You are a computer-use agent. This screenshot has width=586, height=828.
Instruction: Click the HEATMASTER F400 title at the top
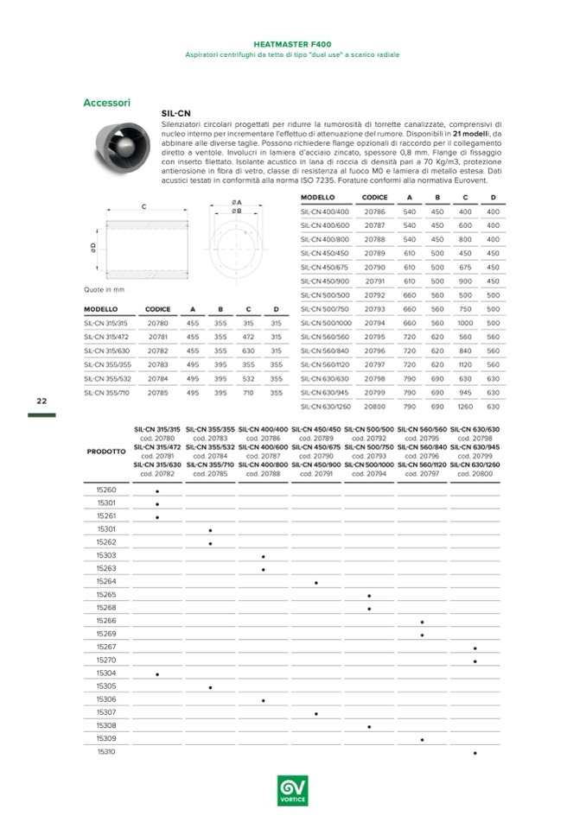point(293,42)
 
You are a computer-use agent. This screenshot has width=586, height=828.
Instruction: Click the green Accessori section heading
point(106,103)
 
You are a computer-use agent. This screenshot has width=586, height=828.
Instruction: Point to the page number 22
point(41,401)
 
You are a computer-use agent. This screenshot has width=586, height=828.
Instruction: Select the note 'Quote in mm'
point(105,289)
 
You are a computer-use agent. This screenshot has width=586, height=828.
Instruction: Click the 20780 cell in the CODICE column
point(157,324)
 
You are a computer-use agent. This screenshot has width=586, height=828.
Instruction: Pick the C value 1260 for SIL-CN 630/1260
point(465,406)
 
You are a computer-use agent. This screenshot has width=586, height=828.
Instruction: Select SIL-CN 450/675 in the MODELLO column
point(324,267)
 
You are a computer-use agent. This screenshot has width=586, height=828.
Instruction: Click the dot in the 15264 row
point(316,583)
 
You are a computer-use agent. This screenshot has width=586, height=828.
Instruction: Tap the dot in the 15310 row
point(475,753)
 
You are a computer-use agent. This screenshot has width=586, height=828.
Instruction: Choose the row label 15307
point(106,712)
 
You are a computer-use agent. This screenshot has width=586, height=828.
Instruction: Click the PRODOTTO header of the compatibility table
point(106,452)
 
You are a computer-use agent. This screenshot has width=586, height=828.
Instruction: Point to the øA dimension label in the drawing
point(236,202)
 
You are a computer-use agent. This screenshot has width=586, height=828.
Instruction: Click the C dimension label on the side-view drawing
point(143,206)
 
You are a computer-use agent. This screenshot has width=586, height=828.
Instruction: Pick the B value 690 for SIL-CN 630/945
point(437,392)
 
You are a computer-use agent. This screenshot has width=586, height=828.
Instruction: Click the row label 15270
point(106,660)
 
